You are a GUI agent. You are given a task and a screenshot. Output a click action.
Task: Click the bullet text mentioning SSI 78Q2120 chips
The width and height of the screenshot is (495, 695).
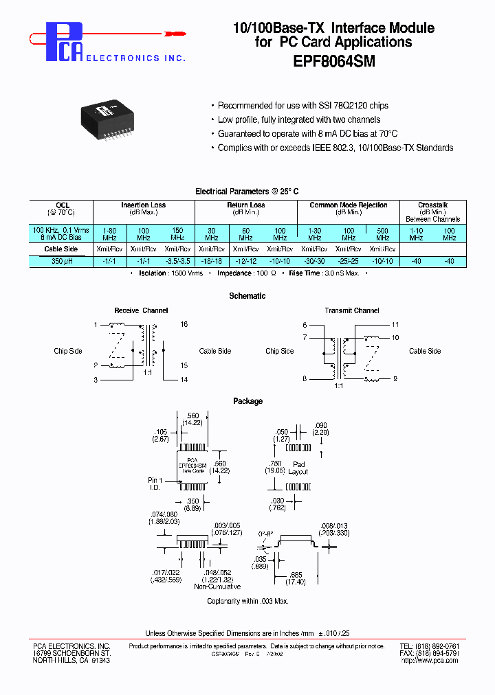point(302,106)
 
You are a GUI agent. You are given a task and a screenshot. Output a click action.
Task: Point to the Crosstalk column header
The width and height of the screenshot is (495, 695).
point(432,205)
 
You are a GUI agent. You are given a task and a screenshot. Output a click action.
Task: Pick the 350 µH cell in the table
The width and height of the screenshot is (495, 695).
point(61,261)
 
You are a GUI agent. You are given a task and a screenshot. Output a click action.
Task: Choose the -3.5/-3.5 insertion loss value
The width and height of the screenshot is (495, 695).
point(177,261)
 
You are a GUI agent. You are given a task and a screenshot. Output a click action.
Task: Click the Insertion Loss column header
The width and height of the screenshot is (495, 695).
point(143,205)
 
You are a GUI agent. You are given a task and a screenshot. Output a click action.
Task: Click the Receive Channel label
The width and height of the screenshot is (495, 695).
point(141,310)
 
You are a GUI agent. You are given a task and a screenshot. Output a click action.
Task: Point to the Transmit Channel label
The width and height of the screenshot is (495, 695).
point(352,310)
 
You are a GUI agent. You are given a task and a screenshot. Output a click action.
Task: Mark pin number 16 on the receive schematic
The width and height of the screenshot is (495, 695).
point(184,324)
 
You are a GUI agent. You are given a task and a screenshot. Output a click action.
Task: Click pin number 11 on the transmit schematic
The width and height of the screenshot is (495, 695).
point(395,324)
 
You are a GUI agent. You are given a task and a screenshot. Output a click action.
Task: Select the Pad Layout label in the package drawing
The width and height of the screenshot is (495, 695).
point(298,468)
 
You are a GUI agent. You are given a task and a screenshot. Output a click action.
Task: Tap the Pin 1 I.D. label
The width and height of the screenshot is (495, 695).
point(155,483)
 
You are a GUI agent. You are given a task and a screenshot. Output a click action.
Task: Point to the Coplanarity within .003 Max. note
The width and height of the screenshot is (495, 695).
point(247,601)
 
